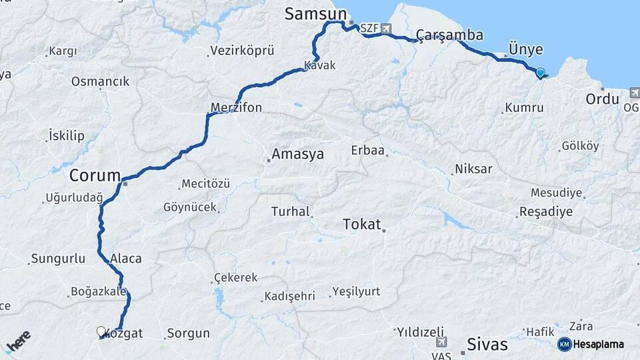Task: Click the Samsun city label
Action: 316,14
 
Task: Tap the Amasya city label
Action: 297,155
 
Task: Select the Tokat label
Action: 361,224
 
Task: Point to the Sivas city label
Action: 487,345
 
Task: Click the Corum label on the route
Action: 95,176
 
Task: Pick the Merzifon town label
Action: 236,107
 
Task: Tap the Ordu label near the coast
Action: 603,99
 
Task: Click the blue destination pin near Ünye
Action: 540,73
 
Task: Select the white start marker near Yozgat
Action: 101,331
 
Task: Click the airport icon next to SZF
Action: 387,29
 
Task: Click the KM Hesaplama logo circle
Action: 564,344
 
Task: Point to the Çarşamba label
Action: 449,35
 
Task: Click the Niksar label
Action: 473,169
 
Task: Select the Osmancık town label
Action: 101,82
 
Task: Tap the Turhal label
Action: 290,212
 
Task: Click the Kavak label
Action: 319,65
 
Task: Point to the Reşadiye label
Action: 545,213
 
